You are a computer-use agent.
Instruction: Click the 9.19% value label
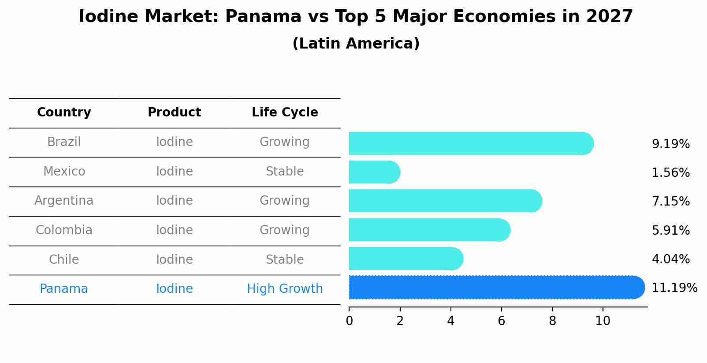(670, 144)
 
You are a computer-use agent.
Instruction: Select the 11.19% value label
(674, 288)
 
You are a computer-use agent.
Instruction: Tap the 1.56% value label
(670, 173)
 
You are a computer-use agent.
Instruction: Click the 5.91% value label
(670, 230)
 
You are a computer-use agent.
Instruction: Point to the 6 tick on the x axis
(501, 321)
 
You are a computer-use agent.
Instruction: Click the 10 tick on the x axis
(603, 321)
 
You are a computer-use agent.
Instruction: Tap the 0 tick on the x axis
(349, 321)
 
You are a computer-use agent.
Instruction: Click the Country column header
(64, 112)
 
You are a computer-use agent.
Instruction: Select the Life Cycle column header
(285, 112)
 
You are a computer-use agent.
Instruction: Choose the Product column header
(174, 112)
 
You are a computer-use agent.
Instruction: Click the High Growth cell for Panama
(285, 289)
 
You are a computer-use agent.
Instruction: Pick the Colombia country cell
(64, 230)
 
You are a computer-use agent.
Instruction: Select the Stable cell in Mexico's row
(285, 172)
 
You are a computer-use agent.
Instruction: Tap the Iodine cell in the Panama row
(174, 289)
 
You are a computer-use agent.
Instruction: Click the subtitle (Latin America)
(356, 44)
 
